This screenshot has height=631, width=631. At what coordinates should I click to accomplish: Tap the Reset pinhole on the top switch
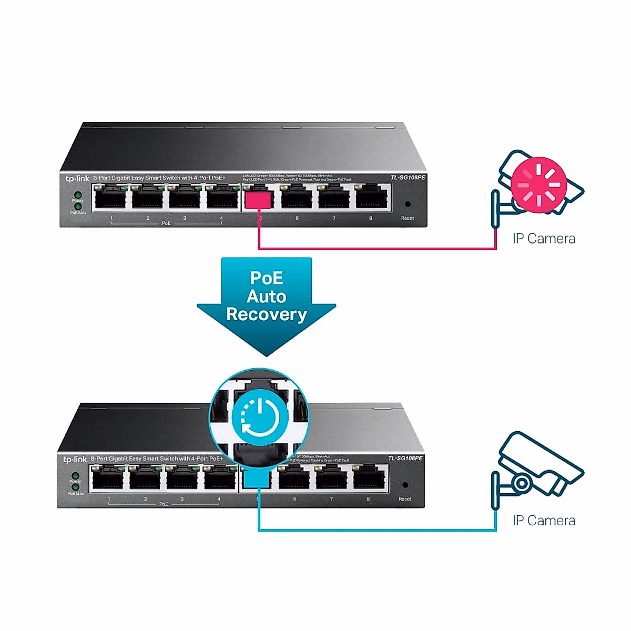point(407,204)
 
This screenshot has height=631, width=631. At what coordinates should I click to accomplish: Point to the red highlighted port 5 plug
point(259,200)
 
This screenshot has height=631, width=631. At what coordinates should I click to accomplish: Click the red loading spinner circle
point(539,185)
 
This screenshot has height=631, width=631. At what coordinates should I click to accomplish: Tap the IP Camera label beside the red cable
point(544,239)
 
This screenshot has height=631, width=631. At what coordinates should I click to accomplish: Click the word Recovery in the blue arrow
point(267,314)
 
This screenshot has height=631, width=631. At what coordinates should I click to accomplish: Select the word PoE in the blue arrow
point(267,278)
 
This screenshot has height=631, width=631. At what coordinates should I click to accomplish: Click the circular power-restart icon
point(259,418)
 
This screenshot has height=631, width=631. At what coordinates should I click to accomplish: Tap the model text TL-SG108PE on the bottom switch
point(405,459)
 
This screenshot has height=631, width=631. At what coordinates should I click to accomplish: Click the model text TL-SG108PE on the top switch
point(408,178)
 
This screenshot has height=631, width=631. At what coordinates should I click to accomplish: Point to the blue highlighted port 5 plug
point(258,480)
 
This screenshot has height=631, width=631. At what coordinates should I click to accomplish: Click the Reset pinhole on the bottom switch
point(405,485)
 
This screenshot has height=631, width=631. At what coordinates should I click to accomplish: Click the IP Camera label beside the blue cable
point(544,521)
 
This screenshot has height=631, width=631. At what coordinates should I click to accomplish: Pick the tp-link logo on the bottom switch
point(74,460)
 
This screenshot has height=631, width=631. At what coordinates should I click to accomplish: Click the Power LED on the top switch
point(78,195)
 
